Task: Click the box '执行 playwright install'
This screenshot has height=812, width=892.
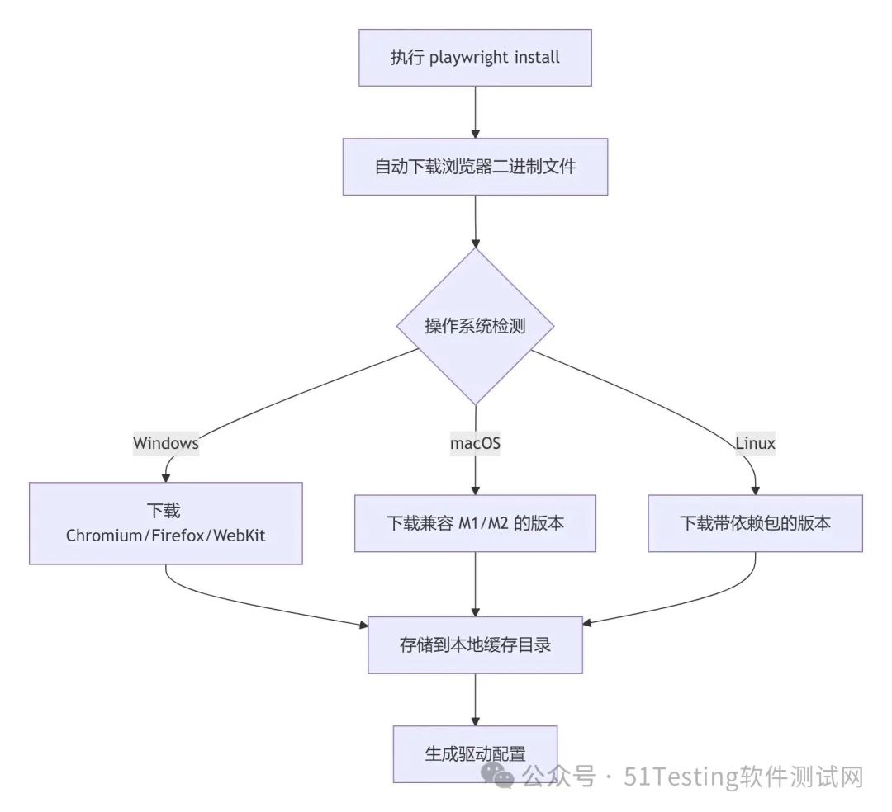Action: point(475,58)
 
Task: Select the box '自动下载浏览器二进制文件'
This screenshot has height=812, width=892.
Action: point(475,166)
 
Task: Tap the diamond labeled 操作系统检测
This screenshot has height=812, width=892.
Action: point(475,326)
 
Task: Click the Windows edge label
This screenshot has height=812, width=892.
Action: point(166,443)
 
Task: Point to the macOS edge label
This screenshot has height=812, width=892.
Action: point(475,443)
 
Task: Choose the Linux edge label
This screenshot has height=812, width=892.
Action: point(755,443)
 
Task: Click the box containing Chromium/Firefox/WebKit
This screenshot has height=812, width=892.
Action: point(166,523)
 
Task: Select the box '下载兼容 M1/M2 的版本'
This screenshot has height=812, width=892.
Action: point(475,523)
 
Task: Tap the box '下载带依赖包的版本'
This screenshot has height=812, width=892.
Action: point(755,523)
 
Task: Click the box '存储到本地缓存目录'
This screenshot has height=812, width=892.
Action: point(475,644)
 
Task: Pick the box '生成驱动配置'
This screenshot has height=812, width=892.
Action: point(475,753)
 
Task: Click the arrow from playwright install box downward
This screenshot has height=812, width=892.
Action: point(475,111)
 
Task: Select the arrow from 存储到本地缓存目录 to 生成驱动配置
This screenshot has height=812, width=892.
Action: point(475,699)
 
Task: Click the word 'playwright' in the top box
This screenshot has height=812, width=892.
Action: point(467,58)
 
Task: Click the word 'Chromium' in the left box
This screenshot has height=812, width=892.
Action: point(104,536)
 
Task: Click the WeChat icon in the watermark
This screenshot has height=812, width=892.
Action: point(501,776)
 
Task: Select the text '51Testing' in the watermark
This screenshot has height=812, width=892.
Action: point(669,777)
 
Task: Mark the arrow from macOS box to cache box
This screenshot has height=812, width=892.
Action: point(475,583)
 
